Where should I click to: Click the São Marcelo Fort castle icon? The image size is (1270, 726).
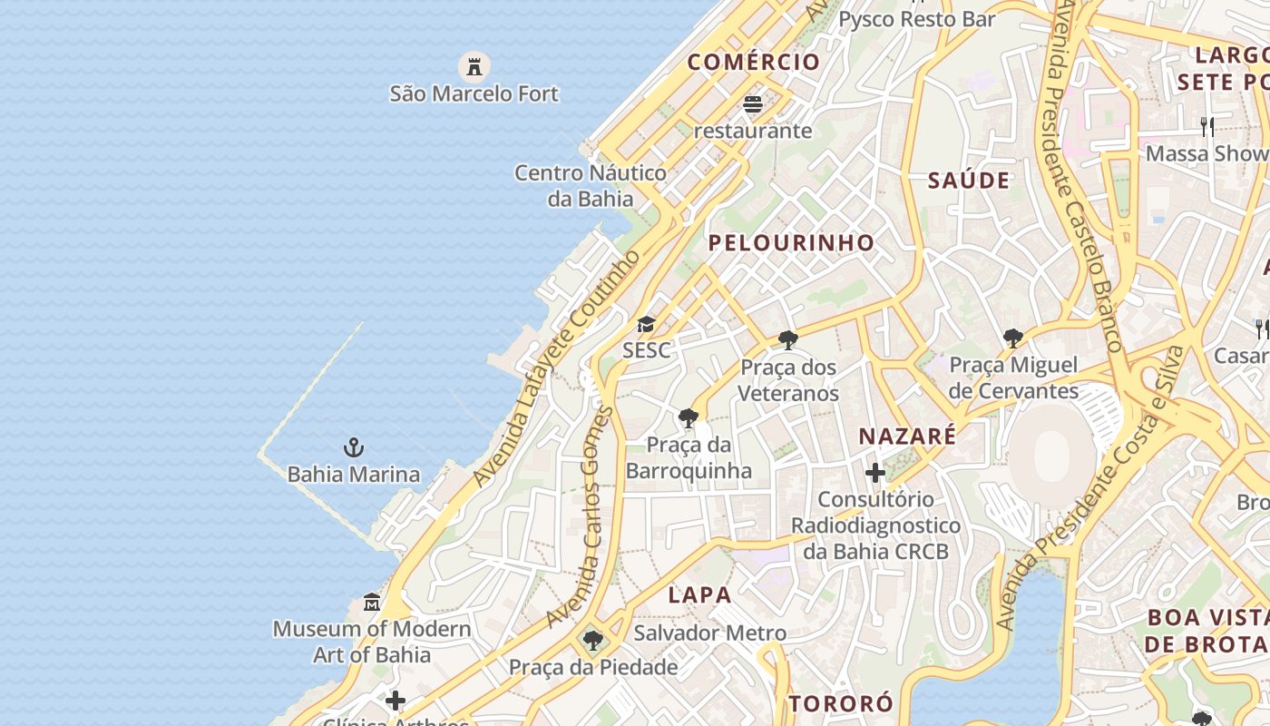473,66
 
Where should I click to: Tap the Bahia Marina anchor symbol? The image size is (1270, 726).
354,447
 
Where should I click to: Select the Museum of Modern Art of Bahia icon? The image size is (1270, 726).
372,602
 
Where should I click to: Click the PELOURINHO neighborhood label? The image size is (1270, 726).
791,242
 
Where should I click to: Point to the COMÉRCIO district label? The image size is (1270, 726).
753,62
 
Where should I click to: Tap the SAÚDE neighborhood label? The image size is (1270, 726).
969,180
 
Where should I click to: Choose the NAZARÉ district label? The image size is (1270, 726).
907,436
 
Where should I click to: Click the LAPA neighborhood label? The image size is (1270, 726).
699,594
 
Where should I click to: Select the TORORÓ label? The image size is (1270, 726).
841,703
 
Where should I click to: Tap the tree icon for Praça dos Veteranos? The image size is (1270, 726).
788,340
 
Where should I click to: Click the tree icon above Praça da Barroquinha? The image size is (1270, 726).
689,418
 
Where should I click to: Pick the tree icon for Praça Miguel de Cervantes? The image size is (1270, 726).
1013,338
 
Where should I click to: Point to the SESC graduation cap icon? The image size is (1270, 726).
646,324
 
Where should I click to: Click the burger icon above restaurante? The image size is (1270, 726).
753,104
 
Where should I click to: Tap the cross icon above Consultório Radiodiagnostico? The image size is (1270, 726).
875,473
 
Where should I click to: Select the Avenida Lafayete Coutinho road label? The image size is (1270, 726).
555,368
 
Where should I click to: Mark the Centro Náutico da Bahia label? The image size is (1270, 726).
591,185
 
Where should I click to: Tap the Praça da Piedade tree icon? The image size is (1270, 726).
593,641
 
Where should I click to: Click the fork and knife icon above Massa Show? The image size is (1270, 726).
1206,126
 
